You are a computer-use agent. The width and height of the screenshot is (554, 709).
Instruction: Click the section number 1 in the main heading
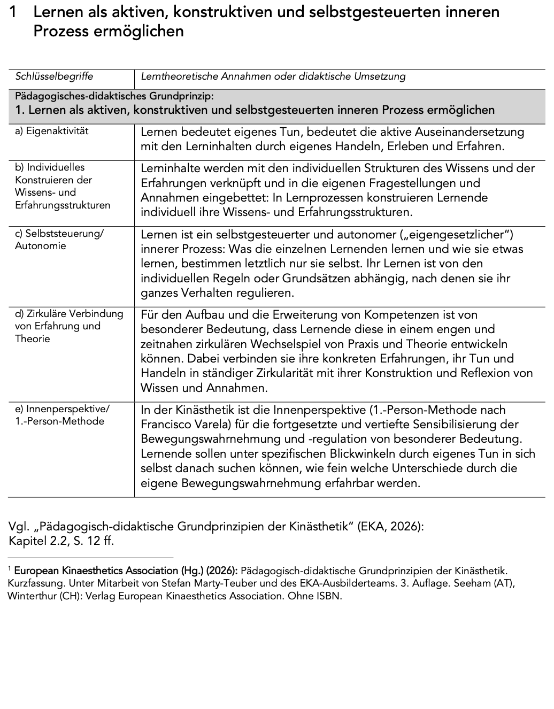point(16,12)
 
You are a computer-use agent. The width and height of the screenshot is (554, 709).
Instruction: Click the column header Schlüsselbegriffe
point(54,76)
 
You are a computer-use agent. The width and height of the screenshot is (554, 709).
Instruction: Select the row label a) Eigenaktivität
point(52,131)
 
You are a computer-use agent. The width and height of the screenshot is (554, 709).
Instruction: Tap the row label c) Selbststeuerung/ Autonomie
point(59,240)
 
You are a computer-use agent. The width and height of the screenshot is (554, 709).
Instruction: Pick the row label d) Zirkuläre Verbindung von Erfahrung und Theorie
point(69,326)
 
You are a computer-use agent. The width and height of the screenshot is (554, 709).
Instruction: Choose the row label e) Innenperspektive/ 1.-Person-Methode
point(62,415)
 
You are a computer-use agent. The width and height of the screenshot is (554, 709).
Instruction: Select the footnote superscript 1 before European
point(10,570)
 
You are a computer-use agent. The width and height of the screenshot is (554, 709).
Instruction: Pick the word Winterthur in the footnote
point(30,596)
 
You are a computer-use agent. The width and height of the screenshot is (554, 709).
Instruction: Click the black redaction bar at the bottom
point(263,674)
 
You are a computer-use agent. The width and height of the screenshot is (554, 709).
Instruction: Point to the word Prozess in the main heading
point(61,31)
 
